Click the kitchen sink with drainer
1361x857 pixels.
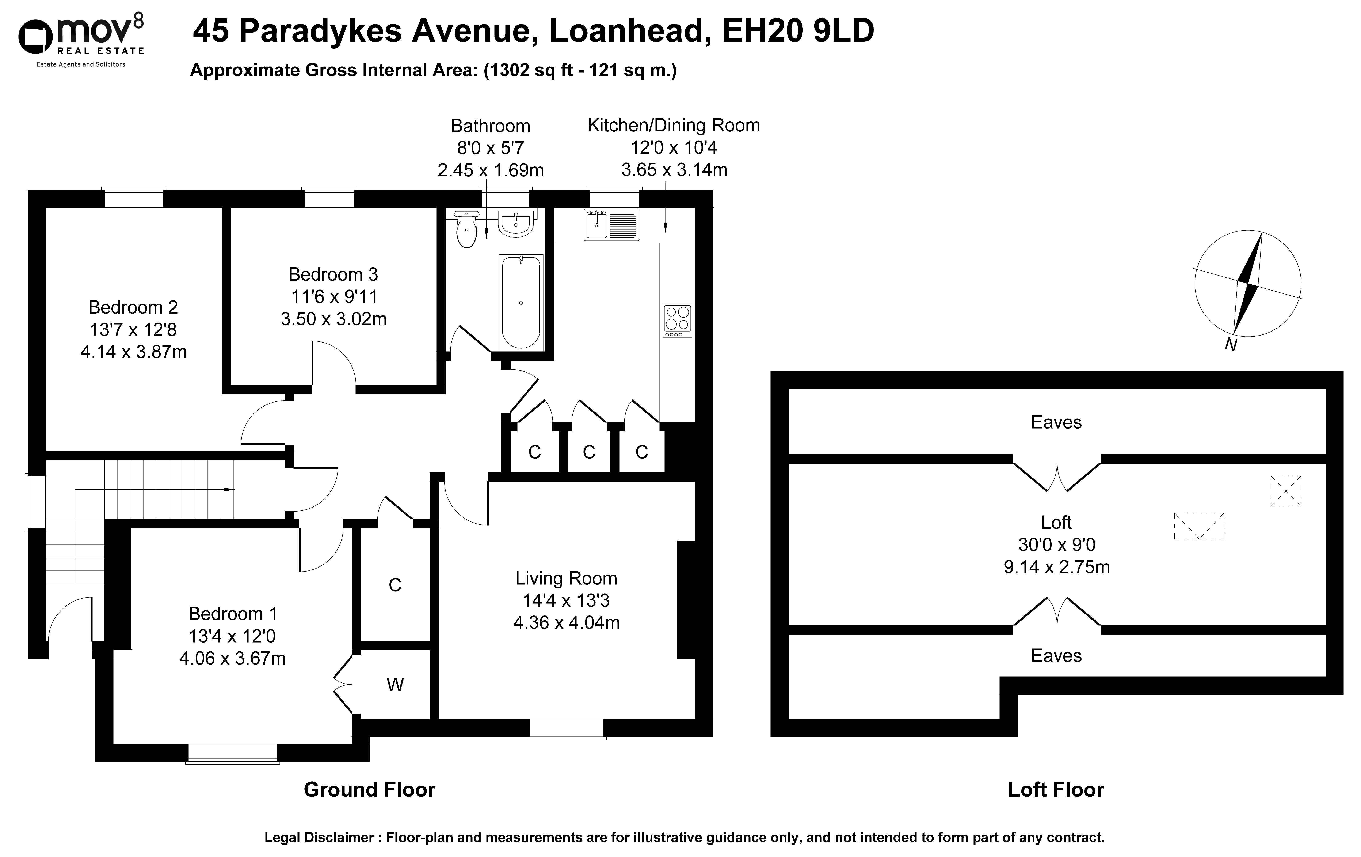click(611, 225)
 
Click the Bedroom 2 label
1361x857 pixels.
click(133, 307)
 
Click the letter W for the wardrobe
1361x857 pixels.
click(395, 685)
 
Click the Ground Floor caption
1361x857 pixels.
click(370, 790)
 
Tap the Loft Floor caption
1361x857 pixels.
click(1056, 790)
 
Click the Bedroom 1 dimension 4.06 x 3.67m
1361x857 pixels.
click(232, 658)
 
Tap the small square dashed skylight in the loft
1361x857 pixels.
click(1286, 491)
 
